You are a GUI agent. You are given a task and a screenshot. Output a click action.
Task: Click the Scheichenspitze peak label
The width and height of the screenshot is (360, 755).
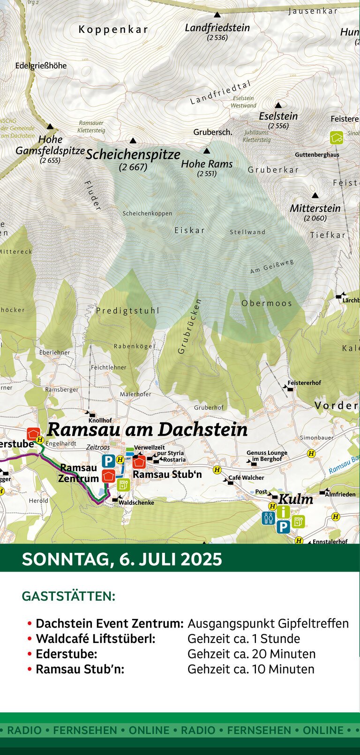pos(133,155)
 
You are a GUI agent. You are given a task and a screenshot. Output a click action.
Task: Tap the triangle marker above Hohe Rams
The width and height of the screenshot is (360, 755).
pos(207,151)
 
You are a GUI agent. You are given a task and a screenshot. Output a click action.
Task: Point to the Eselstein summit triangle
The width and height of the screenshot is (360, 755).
pos(278,106)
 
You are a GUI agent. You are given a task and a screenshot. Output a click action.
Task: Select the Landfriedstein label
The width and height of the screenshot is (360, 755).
pos(217,28)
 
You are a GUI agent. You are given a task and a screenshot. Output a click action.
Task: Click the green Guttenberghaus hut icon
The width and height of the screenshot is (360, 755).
pos(336,138)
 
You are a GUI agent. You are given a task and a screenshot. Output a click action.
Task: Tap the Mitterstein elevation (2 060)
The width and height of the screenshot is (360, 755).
pos(315,218)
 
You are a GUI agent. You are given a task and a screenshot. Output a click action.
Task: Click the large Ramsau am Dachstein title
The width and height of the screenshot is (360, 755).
pos(147,429)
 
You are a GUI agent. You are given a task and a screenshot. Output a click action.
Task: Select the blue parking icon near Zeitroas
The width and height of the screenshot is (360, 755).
pos(108,461)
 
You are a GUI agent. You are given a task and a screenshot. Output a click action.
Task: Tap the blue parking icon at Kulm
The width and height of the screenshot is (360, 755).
pos(283,527)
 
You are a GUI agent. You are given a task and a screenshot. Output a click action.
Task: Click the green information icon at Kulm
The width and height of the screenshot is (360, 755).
pos(283,512)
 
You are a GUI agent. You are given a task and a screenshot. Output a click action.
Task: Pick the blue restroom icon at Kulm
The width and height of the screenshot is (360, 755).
pos(269,518)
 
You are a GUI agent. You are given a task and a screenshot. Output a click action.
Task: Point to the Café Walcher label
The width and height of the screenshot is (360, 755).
pos(246,478)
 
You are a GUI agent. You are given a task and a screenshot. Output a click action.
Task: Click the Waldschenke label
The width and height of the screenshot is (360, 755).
pos(136,503)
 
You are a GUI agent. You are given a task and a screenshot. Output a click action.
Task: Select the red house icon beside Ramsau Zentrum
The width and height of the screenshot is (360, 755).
pos(109,476)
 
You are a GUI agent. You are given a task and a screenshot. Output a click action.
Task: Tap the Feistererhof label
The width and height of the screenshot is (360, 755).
pos(304,383)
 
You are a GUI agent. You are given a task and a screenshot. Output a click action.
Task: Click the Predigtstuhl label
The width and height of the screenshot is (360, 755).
pos(127,310)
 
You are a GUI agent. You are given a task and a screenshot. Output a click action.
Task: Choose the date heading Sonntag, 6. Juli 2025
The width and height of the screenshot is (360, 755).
pos(122,559)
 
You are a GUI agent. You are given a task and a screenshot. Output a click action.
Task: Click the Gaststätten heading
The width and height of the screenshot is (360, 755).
pos(68,596)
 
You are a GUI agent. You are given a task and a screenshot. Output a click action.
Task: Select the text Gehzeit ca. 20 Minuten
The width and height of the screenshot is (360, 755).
pos(251,654)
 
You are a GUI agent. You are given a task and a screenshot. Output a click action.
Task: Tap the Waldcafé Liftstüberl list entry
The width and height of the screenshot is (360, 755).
pos(96,639)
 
